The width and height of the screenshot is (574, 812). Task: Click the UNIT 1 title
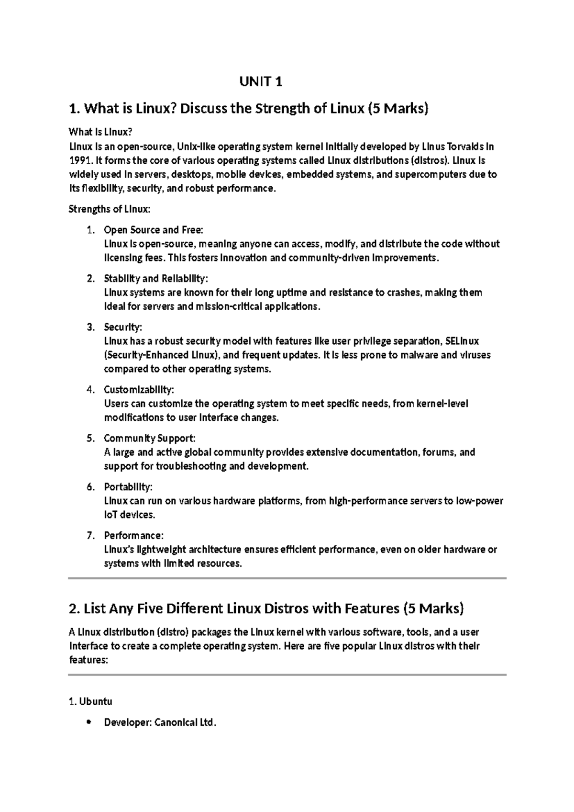point(261,82)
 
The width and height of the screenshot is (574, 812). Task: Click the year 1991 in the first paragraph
point(79,160)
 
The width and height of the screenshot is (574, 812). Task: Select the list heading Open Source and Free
point(154,230)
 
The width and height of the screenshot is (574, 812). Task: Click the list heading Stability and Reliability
point(156,279)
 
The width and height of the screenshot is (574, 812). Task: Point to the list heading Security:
point(123,327)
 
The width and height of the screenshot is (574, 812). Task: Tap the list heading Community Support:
point(150,439)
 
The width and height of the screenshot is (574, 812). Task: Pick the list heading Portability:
point(128,487)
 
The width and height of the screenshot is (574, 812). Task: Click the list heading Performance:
point(134,536)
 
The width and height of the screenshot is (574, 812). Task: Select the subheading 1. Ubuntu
point(91,702)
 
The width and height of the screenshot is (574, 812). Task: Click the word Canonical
point(175,723)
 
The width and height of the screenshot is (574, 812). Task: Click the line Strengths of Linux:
point(110,209)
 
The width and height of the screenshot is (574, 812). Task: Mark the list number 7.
point(90,536)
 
